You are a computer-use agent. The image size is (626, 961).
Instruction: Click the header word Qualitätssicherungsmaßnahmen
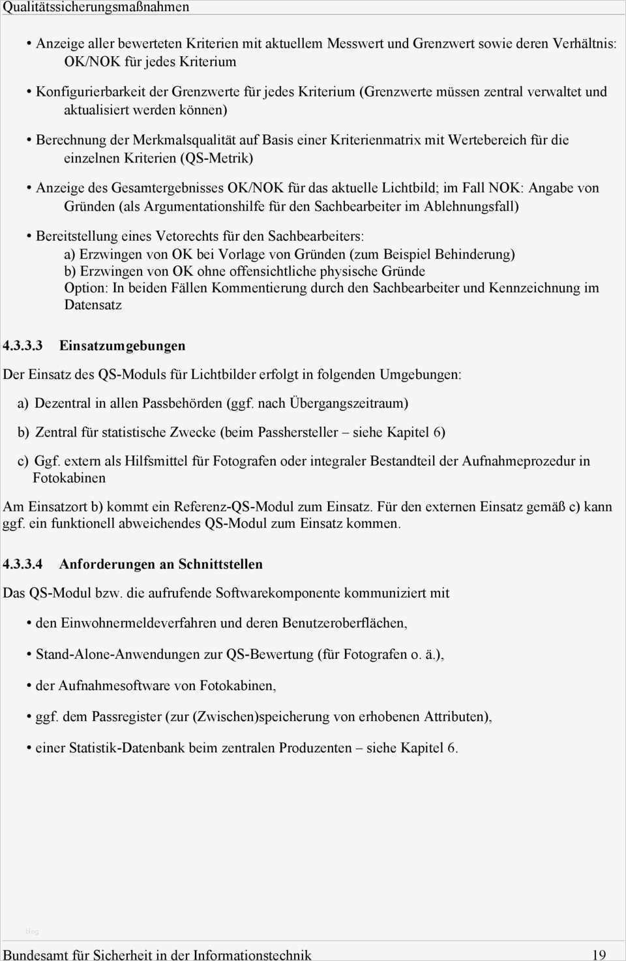click(96, 7)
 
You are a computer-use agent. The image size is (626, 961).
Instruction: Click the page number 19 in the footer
click(599, 954)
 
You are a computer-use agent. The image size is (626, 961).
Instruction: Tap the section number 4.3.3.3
click(23, 346)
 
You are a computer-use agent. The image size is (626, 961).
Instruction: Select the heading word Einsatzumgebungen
click(122, 346)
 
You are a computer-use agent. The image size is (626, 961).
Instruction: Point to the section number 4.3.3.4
click(23, 564)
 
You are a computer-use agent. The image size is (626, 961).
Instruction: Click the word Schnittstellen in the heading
click(220, 564)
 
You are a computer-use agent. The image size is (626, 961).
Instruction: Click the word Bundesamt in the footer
click(36, 954)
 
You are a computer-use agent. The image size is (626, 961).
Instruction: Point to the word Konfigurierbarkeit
click(91, 91)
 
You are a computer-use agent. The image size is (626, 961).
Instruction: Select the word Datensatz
click(93, 305)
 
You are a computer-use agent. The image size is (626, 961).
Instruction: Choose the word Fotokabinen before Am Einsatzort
click(69, 478)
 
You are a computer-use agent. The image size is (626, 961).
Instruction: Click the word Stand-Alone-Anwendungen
click(117, 654)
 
